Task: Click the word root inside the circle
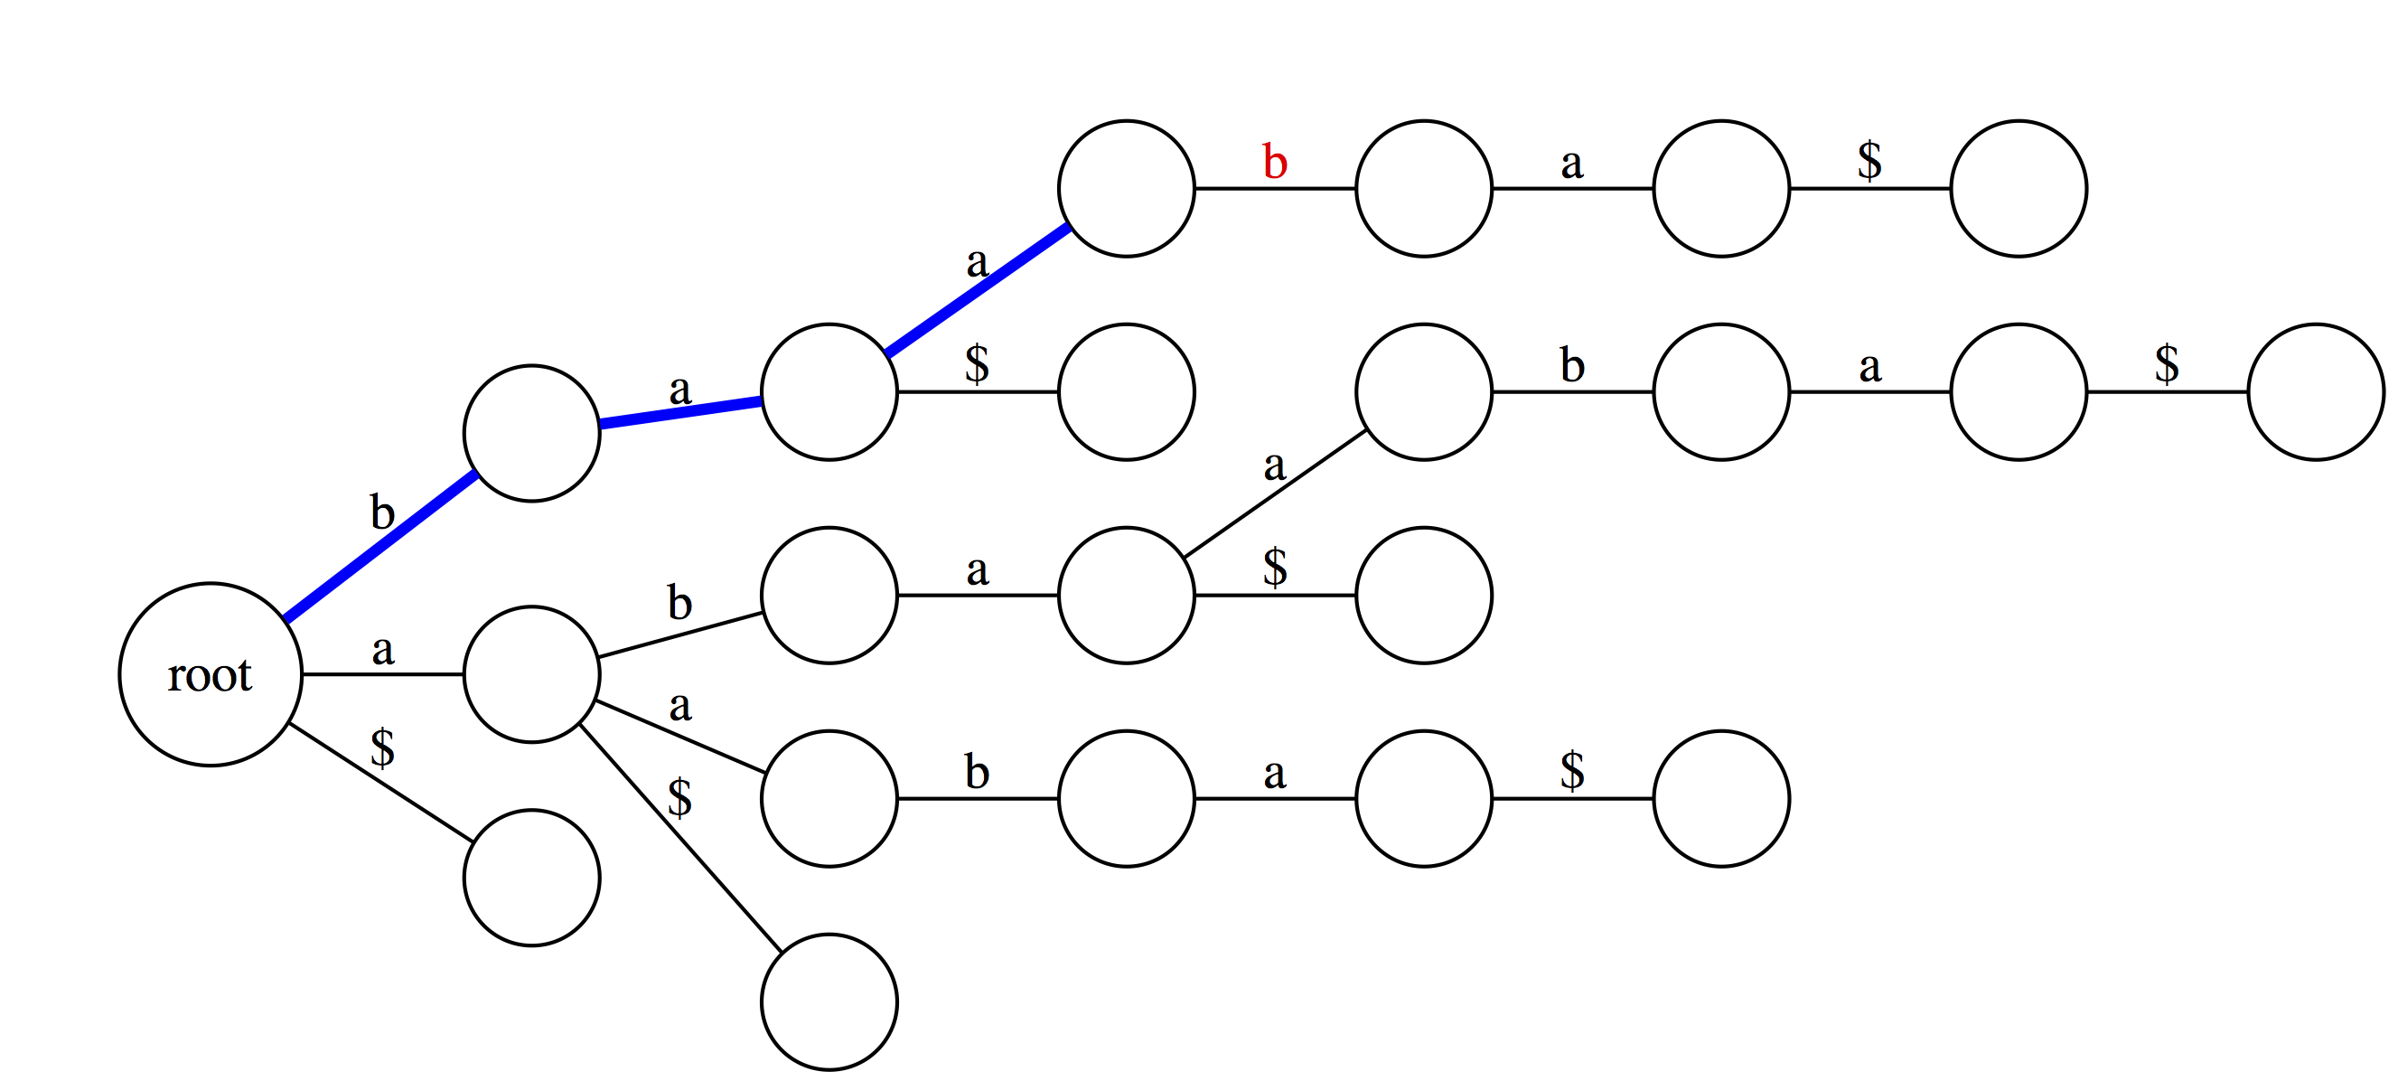tap(210, 675)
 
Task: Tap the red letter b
tap(1274, 162)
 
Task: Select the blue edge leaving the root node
tap(380, 547)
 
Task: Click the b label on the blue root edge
tap(382, 512)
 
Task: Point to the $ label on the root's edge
tap(382, 747)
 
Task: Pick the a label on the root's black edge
tap(382, 650)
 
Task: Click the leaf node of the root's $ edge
tap(531, 878)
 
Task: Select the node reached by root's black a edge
tap(531, 674)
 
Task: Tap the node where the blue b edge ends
tap(531, 433)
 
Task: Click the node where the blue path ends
tap(1127, 188)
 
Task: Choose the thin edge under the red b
tap(1275, 188)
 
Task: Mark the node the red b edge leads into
tap(1424, 188)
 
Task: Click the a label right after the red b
tap(1572, 164)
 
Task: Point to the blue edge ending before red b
tap(978, 290)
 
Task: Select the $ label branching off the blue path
tap(978, 363)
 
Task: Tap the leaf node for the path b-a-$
tap(1127, 392)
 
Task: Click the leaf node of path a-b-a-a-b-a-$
tap(2316, 392)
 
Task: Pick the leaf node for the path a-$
tap(829, 1001)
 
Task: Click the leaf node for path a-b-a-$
tap(1424, 595)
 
